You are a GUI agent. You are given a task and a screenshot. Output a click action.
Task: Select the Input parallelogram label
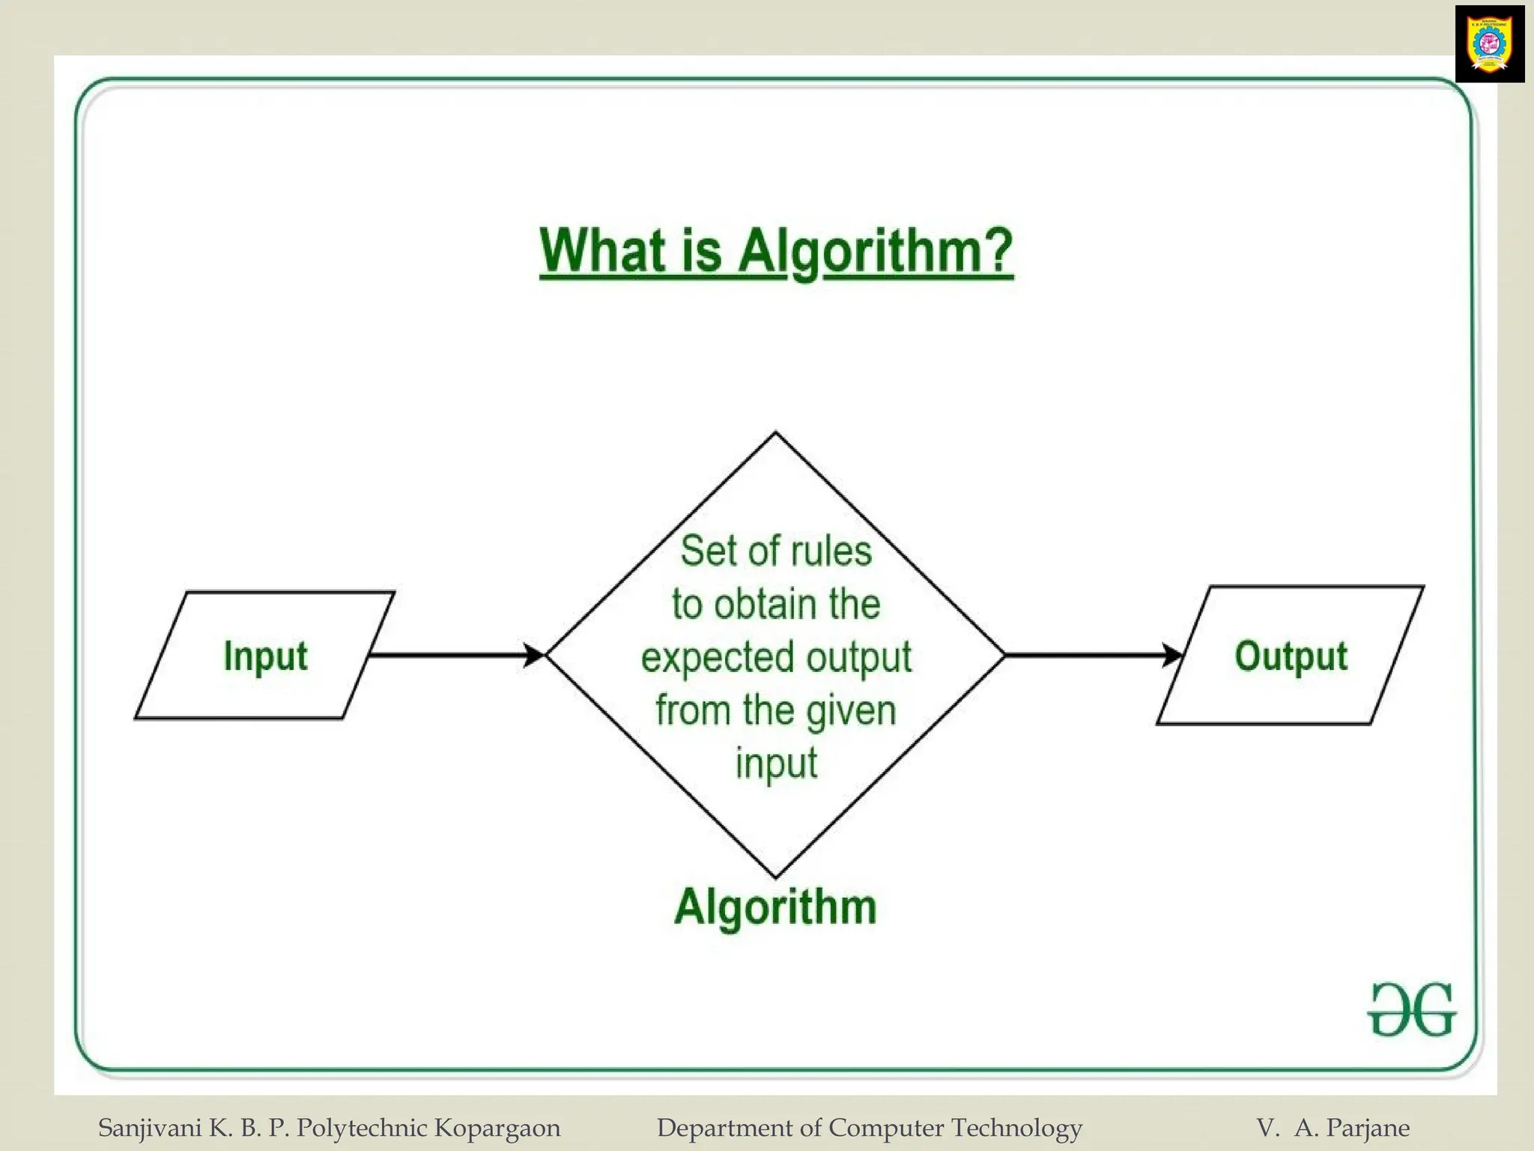[x=265, y=656]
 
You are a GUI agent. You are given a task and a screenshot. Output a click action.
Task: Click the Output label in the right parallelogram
[x=1291, y=656]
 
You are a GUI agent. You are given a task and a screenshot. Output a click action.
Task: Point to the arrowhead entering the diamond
[x=534, y=655]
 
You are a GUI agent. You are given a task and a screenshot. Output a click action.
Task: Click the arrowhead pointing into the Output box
[x=1172, y=655]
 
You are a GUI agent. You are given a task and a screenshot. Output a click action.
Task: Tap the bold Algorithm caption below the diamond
[x=775, y=907]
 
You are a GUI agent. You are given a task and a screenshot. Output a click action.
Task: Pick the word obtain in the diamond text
[x=755, y=604]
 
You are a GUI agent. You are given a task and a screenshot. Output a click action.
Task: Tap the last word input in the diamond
[x=776, y=764]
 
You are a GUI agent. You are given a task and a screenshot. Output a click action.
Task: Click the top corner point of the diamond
[x=775, y=433]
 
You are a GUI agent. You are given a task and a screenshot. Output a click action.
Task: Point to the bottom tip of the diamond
[x=775, y=876]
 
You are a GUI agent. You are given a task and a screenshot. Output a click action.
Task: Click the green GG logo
[x=1412, y=1010]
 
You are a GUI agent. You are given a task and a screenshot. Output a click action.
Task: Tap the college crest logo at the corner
[x=1489, y=43]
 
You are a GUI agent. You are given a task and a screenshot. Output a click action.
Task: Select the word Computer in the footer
[x=886, y=1128]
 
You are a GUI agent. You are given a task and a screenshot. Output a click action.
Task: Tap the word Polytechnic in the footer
[x=363, y=1128]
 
